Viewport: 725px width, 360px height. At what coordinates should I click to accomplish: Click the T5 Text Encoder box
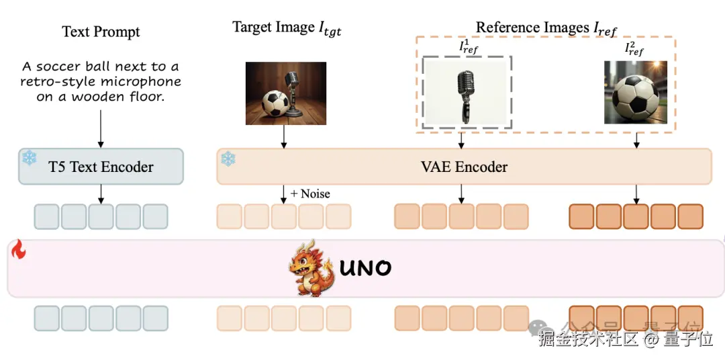(101, 167)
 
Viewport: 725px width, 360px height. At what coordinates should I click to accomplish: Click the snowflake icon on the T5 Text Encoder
(30, 159)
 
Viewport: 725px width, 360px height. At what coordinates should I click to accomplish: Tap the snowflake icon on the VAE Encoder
(229, 159)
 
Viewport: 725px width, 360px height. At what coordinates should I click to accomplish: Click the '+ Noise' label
(310, 193)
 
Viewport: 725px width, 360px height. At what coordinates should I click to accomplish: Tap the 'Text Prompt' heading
(101, 32)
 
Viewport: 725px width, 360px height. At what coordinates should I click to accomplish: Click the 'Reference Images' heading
(546, 28)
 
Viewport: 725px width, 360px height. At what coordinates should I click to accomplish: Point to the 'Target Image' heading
(287, 28)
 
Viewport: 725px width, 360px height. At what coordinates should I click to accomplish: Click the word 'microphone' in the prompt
(146, 82)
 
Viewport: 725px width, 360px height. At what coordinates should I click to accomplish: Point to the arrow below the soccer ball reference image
(636, 140)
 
